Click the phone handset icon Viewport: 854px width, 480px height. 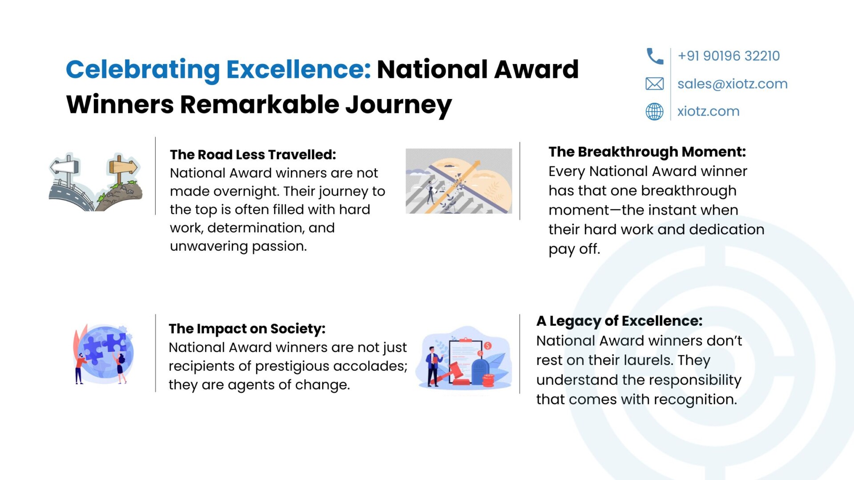point(654,56)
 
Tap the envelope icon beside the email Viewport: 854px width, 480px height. point(654,84)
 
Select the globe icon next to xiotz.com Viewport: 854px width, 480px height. point(654,112)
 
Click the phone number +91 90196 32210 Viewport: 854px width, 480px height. point(729,56)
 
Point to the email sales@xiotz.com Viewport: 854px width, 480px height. point(732,84)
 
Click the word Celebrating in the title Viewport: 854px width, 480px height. point(143,70)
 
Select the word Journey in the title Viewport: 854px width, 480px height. point(399,105)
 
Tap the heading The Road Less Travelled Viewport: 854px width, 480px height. point(253,155)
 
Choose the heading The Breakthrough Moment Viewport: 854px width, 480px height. point(647,152)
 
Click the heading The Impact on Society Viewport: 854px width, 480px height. point(247,329)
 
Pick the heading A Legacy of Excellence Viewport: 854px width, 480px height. point(619,321)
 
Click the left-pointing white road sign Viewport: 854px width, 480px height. point(65,167)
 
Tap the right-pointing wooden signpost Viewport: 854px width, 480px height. point(123,168)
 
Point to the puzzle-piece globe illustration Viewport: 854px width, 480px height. point(105,354)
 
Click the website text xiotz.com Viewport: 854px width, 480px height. point(708,112)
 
